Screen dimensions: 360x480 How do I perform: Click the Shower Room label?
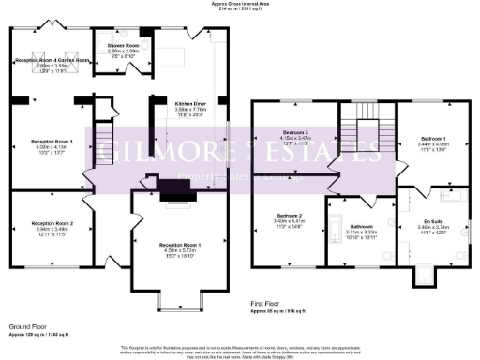(124, 44)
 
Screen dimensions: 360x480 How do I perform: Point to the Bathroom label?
(362, 226)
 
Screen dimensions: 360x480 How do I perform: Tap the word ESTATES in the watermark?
(281, 150)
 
